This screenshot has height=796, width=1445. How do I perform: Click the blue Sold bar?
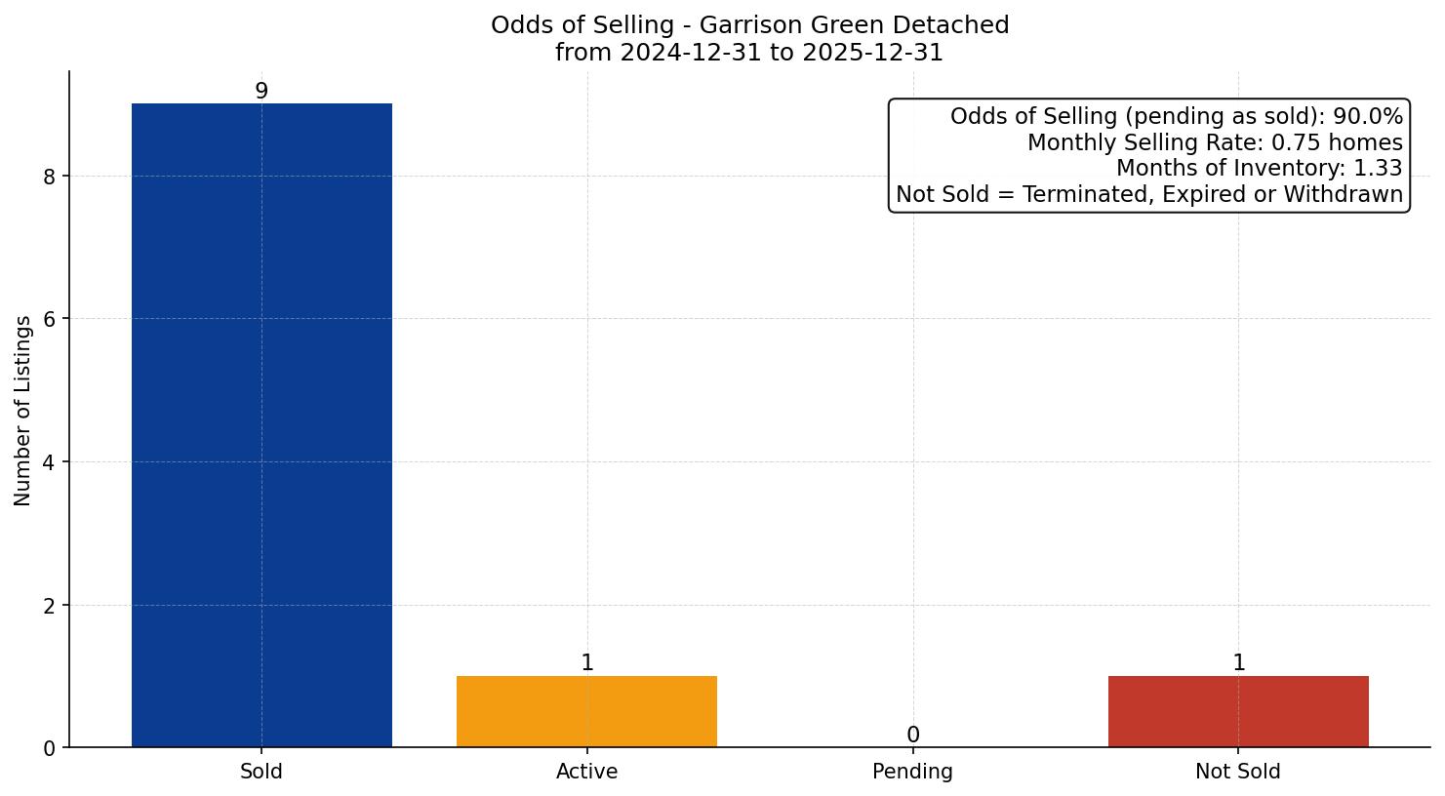tap(261, 425)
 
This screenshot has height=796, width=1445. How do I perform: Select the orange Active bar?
tap(586, 711)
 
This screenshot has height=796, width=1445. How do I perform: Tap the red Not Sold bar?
tap(1238, 711)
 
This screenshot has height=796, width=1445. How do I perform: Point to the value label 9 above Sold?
tap(261, 91)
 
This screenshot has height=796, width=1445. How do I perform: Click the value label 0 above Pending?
tap(912, 735)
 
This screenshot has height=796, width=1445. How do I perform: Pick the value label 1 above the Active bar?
tap(587, 663)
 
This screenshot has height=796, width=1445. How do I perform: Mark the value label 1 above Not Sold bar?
tap(1238, 663)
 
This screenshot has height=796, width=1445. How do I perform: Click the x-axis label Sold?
tap(261, 772)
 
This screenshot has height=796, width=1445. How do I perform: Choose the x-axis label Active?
tap(586, 772)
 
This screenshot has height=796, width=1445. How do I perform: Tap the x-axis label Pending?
tap(912, 772)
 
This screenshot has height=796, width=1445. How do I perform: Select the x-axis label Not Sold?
tap(1237, 772)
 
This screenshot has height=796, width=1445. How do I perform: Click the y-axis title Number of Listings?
tap(23, 410)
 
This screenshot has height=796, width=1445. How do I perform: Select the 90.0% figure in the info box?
tap(1368, 117)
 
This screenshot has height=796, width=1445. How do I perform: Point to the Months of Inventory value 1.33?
tap(1378, 169)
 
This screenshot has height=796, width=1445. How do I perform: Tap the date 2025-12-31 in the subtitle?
tap(871, 53)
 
